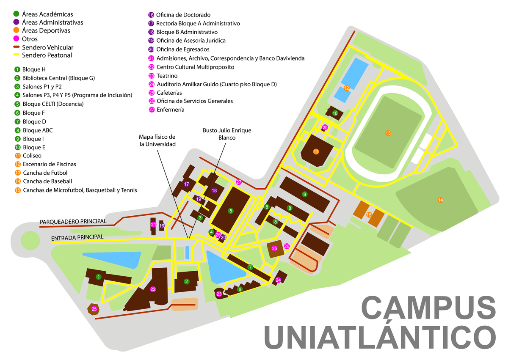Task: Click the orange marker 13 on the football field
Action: (388, 133)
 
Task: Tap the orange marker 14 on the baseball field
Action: (440, 200)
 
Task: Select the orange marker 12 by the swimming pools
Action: (346, 88)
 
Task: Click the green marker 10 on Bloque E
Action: (335, 113)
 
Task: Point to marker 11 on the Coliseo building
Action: (316, 151)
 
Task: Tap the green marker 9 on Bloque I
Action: (304, 194)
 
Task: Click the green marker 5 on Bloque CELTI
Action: (231, 210)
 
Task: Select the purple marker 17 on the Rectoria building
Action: (186, 184)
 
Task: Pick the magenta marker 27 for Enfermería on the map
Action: (239, 182)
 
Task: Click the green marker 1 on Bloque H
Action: (98, 277)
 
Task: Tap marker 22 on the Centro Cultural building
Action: (153, 289)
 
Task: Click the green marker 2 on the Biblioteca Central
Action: (186, 280)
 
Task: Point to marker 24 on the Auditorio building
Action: (278, 280)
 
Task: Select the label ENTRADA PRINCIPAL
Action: (77, 238)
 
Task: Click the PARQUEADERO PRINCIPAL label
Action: (73, 222)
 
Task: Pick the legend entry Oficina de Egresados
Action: (182, 49)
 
